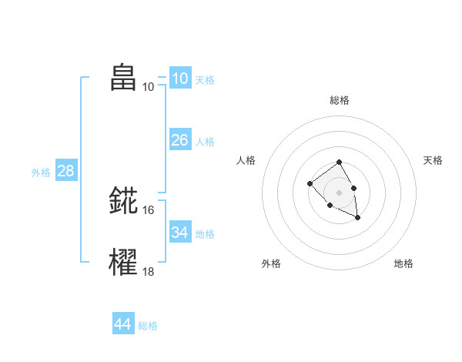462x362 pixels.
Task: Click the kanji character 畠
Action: tap(123, 77)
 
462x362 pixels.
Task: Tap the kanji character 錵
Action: tap(123, 200)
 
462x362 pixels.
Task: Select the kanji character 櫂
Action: tap(123, 262)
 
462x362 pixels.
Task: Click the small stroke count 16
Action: tap(149, 209)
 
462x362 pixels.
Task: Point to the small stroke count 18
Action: tap(149, 271)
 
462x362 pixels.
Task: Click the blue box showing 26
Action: tap(179, 140)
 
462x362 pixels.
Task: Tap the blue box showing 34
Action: tap(179, 232)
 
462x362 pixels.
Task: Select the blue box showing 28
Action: tap(65, 171)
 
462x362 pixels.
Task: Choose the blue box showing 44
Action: tap(122, 324)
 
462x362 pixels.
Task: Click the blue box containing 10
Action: tap(179, 79)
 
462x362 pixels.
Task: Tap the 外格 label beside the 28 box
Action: tap(41, 173)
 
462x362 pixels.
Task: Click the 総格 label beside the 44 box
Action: tap(148, 326)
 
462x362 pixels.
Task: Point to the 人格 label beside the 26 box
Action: tap(205, 142)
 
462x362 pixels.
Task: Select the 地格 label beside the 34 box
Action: tap(205, 233)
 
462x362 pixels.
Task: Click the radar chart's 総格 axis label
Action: tap(340, 100)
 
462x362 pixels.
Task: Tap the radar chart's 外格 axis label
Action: tap(271, 263)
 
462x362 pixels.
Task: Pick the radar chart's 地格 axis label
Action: tap(403, 263)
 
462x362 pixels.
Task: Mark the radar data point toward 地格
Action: tap(357, 218)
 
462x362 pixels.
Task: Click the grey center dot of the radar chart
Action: tap(339, 192)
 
